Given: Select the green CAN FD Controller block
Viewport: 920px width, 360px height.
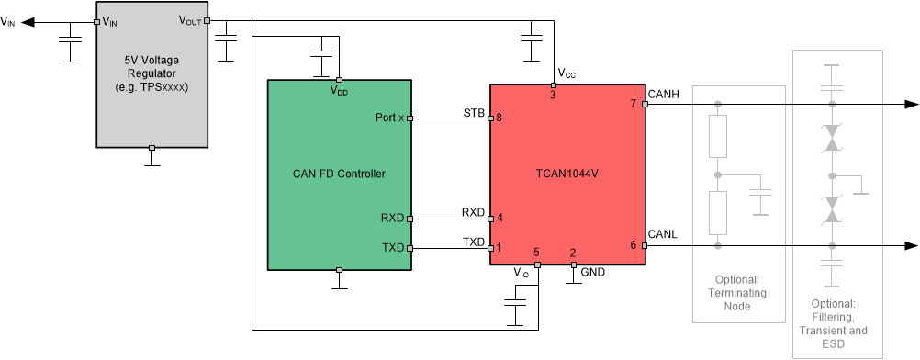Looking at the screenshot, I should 339,174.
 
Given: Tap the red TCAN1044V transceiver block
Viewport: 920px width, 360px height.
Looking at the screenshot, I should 567,174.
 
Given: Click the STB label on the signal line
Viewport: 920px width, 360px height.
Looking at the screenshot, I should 473,110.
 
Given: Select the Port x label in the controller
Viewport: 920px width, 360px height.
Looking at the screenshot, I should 389,118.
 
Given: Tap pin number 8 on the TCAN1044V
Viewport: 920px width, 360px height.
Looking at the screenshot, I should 499,118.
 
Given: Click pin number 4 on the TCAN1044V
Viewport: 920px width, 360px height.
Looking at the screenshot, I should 499,219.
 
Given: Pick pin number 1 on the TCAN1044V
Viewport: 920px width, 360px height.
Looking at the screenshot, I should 499,248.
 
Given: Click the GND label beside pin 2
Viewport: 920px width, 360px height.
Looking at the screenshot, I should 593,272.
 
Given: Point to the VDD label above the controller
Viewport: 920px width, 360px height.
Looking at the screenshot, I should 339,90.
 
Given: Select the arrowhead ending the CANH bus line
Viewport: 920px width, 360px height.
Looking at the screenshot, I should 911,105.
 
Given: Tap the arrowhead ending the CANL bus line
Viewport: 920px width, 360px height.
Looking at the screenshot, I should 911,246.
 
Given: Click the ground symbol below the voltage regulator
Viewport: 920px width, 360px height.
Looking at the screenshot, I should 151,163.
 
